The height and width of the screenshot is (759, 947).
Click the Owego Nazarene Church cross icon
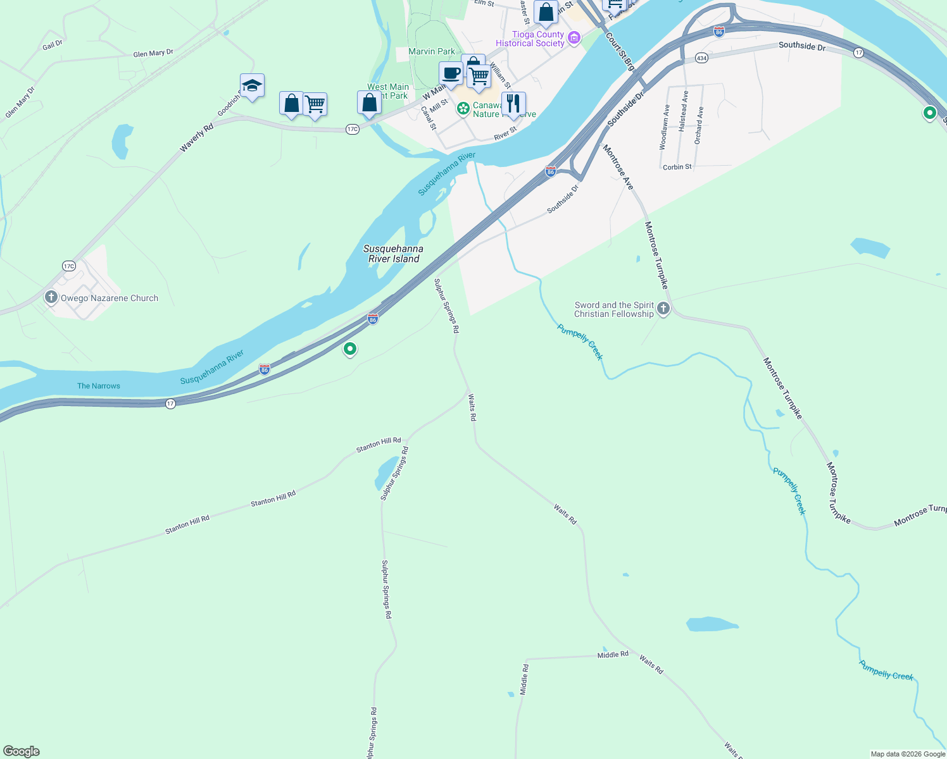(51, 297)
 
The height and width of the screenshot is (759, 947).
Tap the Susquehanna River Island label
(393, 254)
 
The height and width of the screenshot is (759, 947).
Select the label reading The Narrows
(98, 386)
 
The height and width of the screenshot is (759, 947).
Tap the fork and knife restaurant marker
(513, 103)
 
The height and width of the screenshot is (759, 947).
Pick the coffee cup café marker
(451, 73)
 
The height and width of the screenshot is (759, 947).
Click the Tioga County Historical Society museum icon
(574, 39)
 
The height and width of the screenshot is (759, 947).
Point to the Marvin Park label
(432, 51)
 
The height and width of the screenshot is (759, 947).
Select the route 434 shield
(701, 58)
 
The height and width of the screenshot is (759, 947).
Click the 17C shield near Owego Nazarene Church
(69, 266)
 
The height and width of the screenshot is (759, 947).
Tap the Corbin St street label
(677, 167)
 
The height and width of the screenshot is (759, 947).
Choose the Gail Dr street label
(53, 45)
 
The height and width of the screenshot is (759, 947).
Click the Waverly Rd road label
(196, 138)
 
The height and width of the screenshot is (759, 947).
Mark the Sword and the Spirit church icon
(663, 309)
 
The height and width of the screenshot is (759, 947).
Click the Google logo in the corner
(22, 751)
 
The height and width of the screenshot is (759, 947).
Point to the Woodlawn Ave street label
(664, 126)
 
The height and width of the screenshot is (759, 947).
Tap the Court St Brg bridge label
(620, 51)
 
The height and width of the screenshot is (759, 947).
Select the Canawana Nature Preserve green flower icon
(463, 109)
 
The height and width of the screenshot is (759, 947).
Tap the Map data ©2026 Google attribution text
(908, 754)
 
